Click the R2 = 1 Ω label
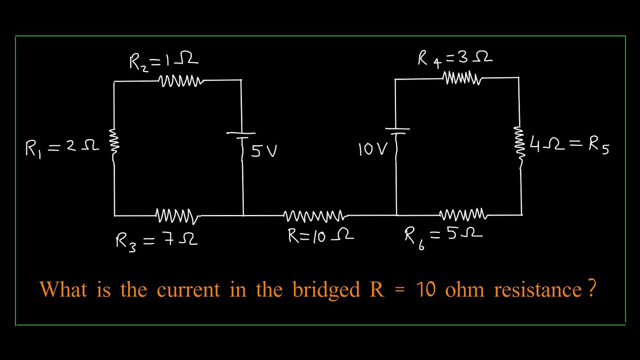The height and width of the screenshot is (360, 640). click(163, 61)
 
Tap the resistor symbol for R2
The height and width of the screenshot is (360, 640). click(181, 81)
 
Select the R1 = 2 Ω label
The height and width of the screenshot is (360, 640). click(62, 147)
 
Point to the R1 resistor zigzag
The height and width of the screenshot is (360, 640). click(114, 142)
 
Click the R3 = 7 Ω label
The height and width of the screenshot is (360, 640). click(156, 240)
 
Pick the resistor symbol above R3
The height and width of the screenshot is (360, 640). click(177, 216)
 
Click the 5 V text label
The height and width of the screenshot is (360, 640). click(263, 150)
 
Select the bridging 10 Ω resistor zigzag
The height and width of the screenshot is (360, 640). click(314, 216)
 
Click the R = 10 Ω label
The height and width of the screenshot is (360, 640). click(320, 235)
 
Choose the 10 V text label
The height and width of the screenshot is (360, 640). click(373, 149)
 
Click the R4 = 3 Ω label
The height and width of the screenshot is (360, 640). click(454, 58)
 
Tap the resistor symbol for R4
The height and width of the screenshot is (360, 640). click(462, 78)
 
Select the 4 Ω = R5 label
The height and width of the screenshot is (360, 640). click(569, 145)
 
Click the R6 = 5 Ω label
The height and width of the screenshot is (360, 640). click(443, 235)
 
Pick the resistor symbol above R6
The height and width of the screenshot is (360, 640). click(463, 215)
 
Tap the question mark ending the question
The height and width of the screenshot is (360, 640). click(592, 289)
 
